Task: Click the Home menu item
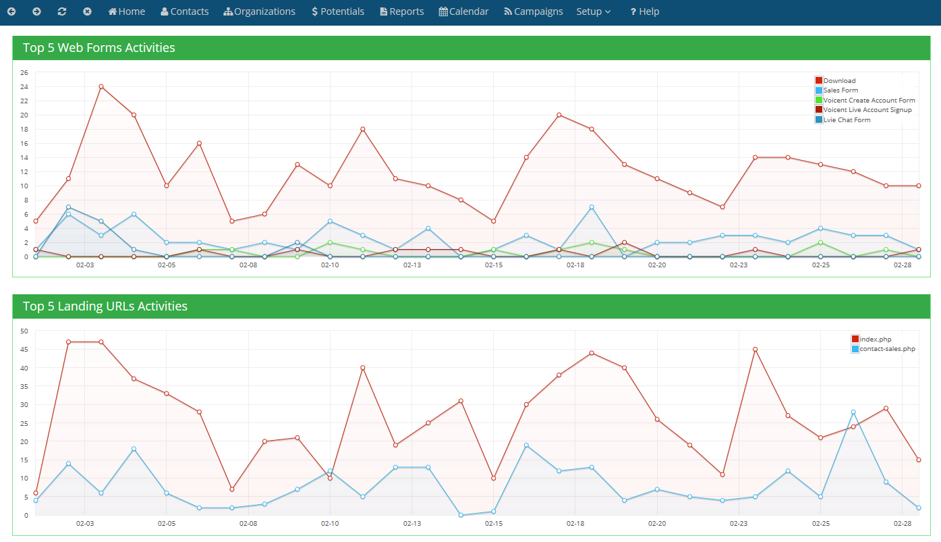[127, 11]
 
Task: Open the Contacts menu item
[185, 11]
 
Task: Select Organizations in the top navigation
[260, 11]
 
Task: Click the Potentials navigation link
[338, 11]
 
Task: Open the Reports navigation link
[402, 11]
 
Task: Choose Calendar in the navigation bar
[463, 11]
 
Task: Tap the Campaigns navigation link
[533, 11]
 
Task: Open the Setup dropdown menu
[594, 11]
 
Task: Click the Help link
[645, 11]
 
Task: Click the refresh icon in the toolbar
[62, 11]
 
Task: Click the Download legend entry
[838, 80]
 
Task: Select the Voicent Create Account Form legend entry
[868, 100]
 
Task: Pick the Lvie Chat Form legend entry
[846, 119]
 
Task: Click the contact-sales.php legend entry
[886, 349]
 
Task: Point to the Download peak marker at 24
[101, 86]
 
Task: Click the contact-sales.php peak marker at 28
[853, 412]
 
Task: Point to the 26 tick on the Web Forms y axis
[24, 72]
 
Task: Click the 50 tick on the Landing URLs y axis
[24, 331]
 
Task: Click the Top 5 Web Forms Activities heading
[99, 48]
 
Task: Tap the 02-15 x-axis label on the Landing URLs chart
[494, 523]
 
